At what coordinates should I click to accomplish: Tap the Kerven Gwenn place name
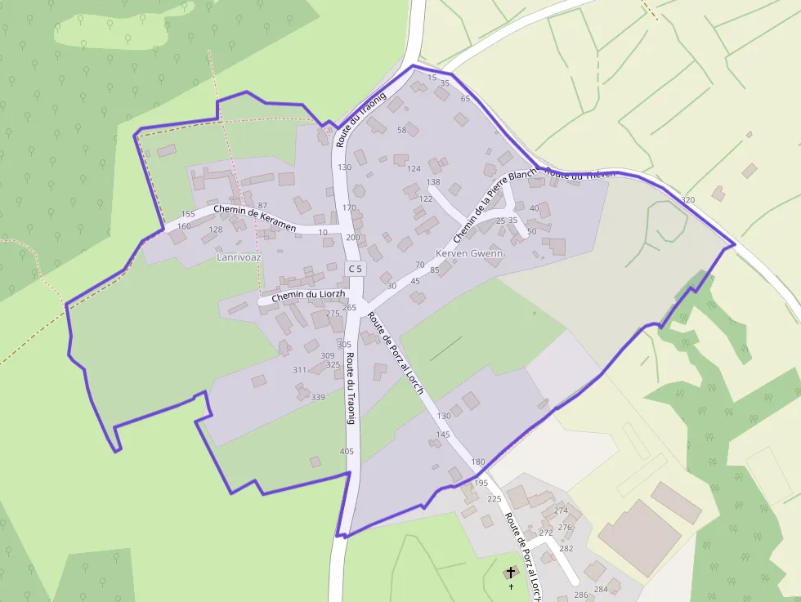[x=469, y=253]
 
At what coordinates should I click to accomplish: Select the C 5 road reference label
[x=354, y=268]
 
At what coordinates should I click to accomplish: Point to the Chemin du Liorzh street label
[x=309, y=295]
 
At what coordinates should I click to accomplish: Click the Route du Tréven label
[x=579, y=175]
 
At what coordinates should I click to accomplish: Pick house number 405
[x=347, y=451]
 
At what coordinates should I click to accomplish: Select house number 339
[x=318, y=398]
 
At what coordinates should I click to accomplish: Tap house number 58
[x=401, y=130]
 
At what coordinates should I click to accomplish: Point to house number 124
[x=414, y=168]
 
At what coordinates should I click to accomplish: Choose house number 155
[x=188, y=214]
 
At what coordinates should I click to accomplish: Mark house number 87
[x=262, y=205]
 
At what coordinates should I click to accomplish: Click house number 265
[x=350, y=307]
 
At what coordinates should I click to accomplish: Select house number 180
[x=478, y=462]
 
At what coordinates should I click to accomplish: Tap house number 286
[x=581, y=595]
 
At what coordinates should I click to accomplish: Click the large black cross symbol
[x=512, y=573]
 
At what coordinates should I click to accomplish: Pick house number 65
[x=466, y=98]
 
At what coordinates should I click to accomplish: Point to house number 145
[x=443, y=435]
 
